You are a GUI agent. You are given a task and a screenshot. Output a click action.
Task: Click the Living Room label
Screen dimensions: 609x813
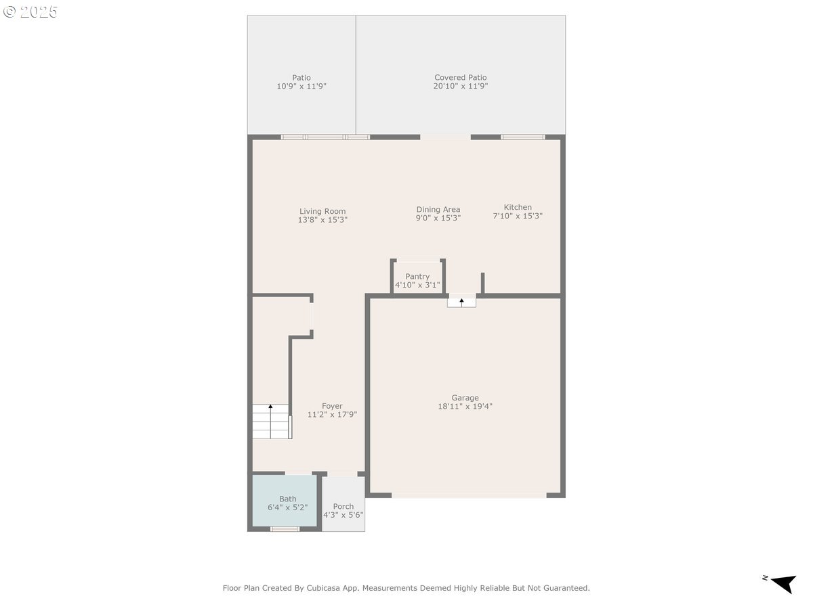tap(322, 211)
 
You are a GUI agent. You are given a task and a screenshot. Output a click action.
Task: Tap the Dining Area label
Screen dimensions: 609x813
tap(438, 210)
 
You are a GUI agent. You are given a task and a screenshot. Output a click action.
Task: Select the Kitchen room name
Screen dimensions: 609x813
tap(518, 207)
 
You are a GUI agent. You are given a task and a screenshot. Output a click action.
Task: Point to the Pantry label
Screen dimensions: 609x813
tap(417, 276)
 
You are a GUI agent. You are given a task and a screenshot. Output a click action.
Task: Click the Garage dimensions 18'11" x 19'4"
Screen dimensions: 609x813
tap(465, 407)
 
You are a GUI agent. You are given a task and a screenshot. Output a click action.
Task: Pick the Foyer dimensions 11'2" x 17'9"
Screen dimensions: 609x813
tap(332, 415)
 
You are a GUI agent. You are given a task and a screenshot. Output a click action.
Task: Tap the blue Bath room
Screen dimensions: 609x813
tap(285, 501)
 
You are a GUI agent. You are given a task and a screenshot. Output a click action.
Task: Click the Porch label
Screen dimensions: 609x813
tap(343, 506)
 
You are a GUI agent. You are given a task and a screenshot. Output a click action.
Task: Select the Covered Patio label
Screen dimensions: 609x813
tap(461, 78)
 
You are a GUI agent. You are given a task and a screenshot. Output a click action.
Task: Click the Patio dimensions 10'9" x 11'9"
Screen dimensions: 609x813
tap(301, 87)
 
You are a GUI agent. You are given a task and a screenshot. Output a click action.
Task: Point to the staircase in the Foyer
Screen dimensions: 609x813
tap(271, 422)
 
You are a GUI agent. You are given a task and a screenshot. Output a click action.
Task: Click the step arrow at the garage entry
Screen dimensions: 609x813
tap(462, 301)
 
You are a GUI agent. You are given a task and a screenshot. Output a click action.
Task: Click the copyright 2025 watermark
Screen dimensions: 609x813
tap(30, 12)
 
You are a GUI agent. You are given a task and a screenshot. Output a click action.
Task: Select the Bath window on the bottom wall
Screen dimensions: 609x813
tap(285, 529)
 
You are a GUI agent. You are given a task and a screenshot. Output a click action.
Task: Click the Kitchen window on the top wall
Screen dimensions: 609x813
tap(522, 137)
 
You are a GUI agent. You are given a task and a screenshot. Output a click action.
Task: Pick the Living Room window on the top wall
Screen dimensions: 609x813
tap(325, 137)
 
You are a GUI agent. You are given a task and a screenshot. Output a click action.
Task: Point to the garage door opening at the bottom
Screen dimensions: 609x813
tap(469, 495)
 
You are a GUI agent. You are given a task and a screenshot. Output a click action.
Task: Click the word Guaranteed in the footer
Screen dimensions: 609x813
tap(566, 588)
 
